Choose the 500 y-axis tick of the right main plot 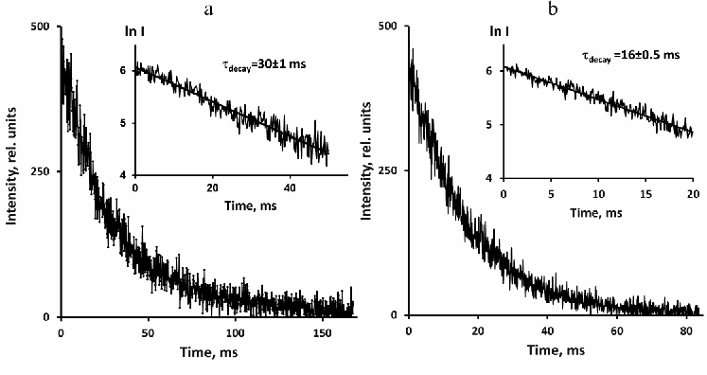[388, 27]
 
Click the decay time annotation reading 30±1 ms [253, 64]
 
